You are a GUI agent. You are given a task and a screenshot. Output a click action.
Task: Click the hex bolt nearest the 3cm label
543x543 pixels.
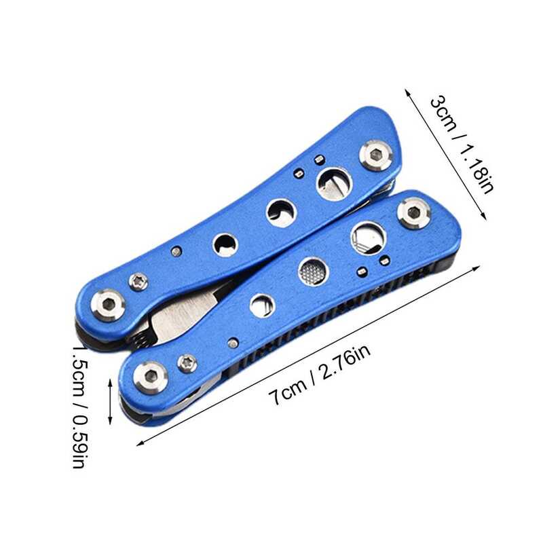click(375, 155)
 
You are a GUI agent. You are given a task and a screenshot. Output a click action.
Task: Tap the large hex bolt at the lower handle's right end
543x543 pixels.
click(414, 213)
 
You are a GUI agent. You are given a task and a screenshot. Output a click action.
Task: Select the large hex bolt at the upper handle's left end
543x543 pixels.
click(108, 305)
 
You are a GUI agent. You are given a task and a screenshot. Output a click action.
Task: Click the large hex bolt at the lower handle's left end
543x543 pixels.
click(151, 377)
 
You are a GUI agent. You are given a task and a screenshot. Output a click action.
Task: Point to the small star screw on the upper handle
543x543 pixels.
click(138, 281)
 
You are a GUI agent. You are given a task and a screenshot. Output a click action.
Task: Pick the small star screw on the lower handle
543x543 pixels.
click(187, 364)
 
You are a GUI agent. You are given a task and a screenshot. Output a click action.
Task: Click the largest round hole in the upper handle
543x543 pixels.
click(334, 183)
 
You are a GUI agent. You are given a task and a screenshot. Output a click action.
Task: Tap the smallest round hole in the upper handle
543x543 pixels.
click(225, 245)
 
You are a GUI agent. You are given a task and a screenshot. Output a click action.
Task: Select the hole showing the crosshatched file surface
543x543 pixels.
click(313, 271)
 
